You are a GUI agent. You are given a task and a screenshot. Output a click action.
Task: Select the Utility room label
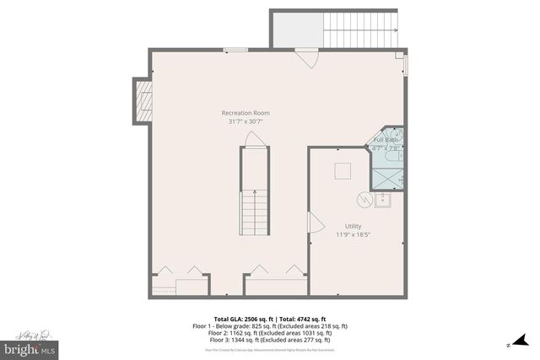pos(353,225)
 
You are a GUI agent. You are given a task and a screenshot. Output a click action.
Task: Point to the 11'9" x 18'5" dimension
pos(353,234)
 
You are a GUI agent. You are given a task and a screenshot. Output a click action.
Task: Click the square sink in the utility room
pos(383,199)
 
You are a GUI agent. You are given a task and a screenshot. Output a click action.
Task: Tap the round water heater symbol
pos(364,200)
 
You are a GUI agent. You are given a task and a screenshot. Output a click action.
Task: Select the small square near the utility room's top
pos(343,170)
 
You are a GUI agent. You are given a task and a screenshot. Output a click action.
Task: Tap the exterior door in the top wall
pos(306,59)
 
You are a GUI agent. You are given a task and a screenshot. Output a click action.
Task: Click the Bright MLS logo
pos(30,347)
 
